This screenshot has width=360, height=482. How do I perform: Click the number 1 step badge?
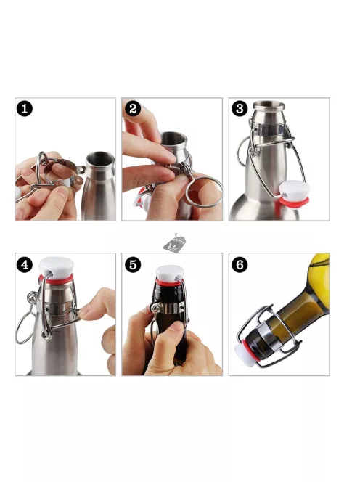point(25,108)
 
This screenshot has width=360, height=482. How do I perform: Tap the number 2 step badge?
point(133,108)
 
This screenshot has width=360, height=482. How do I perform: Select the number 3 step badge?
point(240,108)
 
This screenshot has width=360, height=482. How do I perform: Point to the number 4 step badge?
point(25,264)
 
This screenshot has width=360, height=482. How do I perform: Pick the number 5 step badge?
point(133,264)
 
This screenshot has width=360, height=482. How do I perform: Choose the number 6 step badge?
point(240,264)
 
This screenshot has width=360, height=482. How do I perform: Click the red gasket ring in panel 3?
point(294,202)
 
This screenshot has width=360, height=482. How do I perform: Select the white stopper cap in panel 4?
point(56,267)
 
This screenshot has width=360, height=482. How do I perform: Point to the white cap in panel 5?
point(170,273)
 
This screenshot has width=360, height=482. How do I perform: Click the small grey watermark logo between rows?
point(175,243)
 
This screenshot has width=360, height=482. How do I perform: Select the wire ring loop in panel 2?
point(203,191)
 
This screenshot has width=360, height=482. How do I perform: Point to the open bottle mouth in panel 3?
point(269,106)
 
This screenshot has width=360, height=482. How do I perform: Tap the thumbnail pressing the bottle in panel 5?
point(174,327)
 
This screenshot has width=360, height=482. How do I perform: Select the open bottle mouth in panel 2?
point(173,139)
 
